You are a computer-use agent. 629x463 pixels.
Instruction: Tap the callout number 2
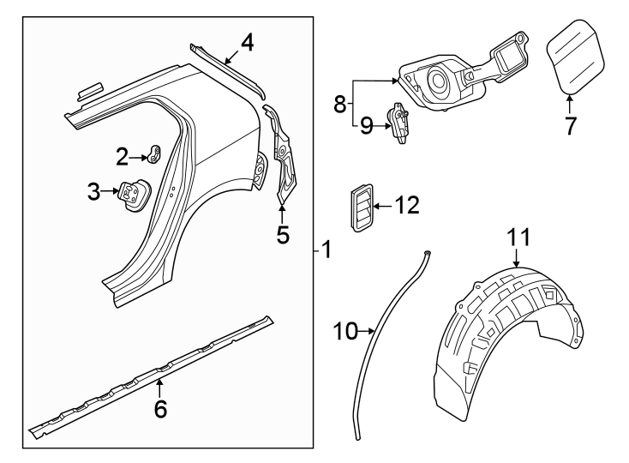[x=123, y=155]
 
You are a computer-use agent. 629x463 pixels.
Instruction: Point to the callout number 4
[x=246, y=41]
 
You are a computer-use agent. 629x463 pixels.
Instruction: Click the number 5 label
[x=283, y=233]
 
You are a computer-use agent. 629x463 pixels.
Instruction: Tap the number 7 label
[x=570, y=125]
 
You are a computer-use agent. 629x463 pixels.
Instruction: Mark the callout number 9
[x=366, y=127]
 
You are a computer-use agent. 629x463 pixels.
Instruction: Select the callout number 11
[x=519, y=237]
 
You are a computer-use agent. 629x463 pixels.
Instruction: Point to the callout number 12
[x=408, y=205]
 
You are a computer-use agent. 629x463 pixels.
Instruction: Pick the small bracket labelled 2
[x=155, y=153]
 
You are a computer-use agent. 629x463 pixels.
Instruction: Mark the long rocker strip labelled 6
[x=154, y=370]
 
